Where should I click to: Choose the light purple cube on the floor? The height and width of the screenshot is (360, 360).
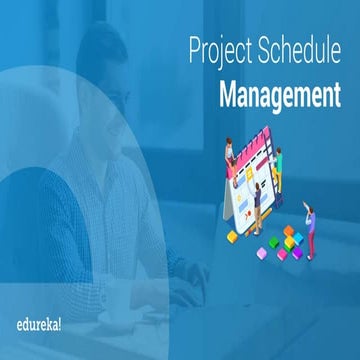[262, 252]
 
